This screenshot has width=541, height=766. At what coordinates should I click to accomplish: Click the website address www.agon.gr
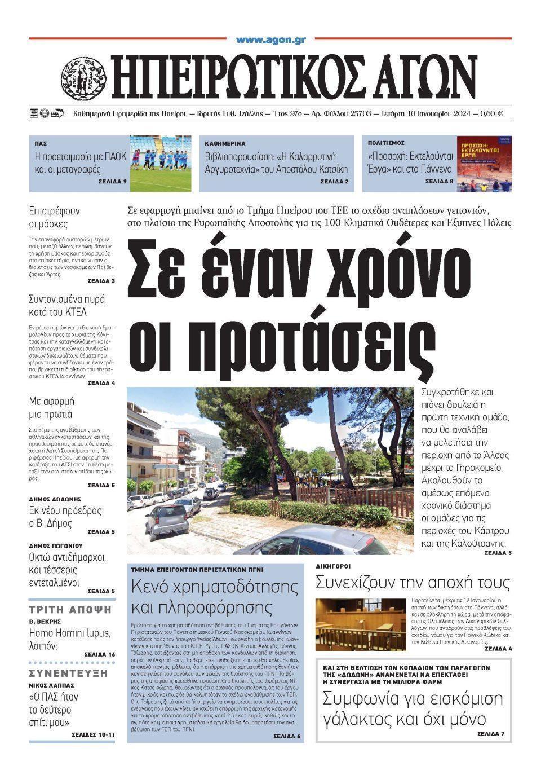pyautogui.click(x=270, y=40)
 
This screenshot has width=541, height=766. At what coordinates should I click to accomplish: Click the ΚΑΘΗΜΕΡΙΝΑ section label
pyautogui.click(x=225, y=144)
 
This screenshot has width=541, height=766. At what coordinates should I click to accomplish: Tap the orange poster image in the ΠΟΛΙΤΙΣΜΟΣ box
pyautogui.click(x=484, y=163)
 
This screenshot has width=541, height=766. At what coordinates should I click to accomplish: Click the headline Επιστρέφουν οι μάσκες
pyautogui.click(x=55, y=217)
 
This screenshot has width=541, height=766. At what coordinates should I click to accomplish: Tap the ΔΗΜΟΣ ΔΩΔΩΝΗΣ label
pyautogui.click(x=55, y=499)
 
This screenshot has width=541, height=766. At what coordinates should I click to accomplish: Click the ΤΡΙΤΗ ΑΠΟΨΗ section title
pyautogui.click(x=70, y=610)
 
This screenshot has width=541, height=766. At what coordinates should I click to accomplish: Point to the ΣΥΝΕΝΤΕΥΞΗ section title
pyautogui.click(x=68, y=673)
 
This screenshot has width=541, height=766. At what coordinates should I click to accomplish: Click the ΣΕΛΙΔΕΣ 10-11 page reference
pyautogui.click(x=94, y=735)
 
